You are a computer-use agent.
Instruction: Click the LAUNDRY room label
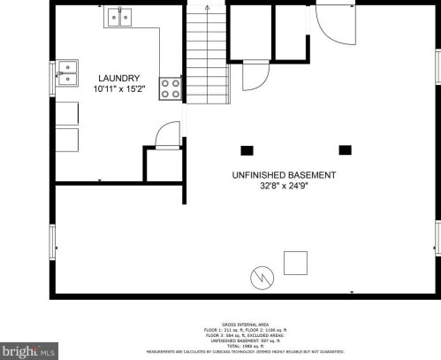(115, 78)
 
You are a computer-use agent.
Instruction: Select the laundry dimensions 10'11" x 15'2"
(115, 88)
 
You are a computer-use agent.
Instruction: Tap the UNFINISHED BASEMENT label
(284, 175)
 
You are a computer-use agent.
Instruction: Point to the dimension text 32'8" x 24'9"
(284, 187)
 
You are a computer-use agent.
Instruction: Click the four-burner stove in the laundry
(170, 88)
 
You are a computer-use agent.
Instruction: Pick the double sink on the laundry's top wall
(120, 17)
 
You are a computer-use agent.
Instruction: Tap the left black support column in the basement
(247, 149)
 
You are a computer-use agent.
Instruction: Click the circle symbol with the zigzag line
(262, 277)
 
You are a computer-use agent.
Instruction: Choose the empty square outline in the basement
(295, 262)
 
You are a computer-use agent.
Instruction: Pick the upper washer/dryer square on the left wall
(68, 114)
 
